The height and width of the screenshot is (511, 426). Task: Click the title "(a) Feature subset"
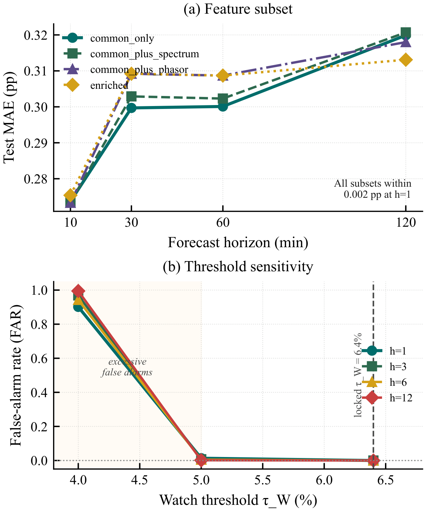pyautogui.click(x=238, y=9)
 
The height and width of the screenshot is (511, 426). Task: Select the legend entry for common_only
pyautogui.click(x=108, y=38)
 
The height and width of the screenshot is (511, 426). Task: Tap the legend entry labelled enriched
pyautogui.click(x=95, y=85)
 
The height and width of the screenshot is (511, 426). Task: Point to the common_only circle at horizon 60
pyautogui.click(x=223, y=106)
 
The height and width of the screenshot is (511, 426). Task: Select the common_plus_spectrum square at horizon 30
pyautogui.click(x=131, y=97)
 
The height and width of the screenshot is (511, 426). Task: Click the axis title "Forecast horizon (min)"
pyautogui.click(x=238, y=243)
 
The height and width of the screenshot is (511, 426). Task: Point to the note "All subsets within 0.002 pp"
pyautogui.click(x=373, y=189)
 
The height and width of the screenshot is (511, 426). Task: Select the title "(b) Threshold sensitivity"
pyautogui.click(x=238, y=266)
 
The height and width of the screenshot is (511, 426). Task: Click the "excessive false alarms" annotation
pyautogui.click(x=127, y=367)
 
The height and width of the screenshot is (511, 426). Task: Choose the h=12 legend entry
pyautogui.click(x=387, y=398)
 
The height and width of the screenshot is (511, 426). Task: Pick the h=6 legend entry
pyautogui.click(x=384, y=383)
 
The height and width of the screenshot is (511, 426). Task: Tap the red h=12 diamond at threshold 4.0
pyautogui.click(x=78, y=291)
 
